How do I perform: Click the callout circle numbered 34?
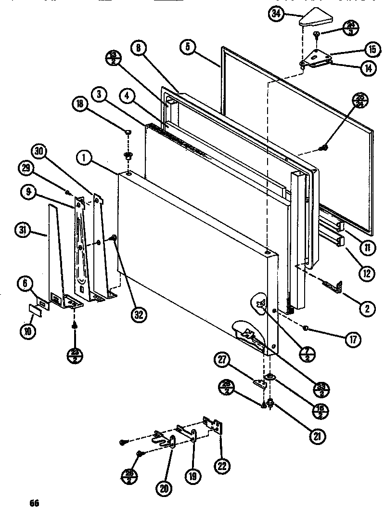(276, 14)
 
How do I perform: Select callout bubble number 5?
(188, 47)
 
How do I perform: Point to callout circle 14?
(368, 67)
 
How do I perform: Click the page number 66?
(33, 503)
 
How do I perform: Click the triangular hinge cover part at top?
(313, 19)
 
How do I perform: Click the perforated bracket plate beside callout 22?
(213, 426)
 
